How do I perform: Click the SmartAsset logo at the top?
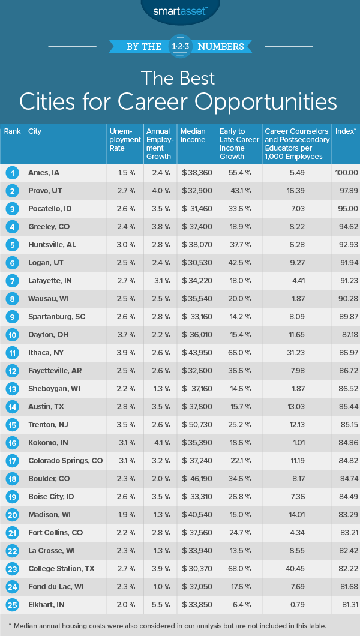(x=180, y=10)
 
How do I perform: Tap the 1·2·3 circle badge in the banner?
(x=180, y=46)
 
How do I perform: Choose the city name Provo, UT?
(x=46, y=191)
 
